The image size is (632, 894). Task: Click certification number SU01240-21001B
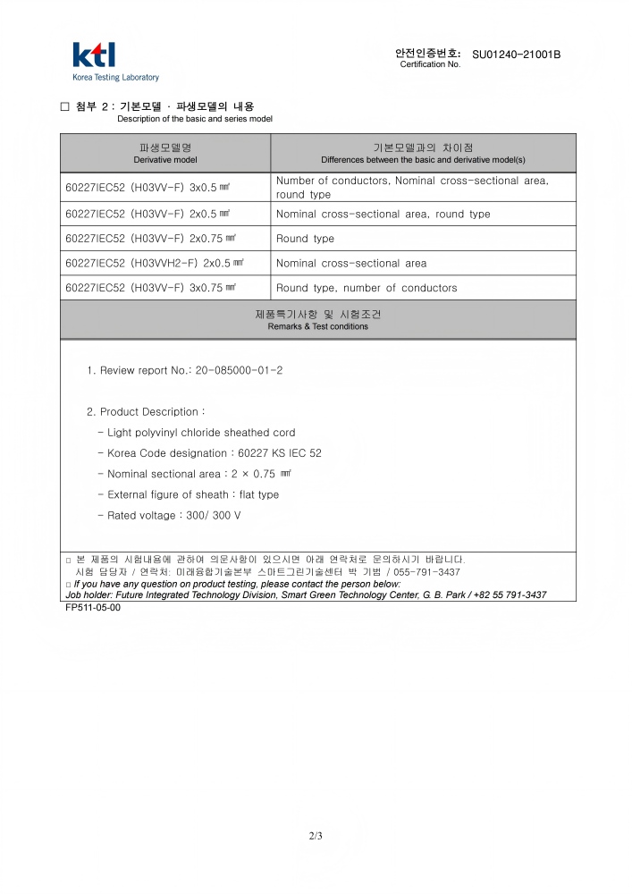pyautogui.click(x=516, y=55)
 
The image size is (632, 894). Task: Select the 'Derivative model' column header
pyautogui.click(x=165, y=153)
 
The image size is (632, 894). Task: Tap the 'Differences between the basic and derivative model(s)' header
pyautogui.click(x=423, y=153)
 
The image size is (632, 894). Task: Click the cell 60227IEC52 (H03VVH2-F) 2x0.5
pyautogui.click(x=155, y=264)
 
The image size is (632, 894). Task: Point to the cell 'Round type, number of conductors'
pyautogui.click(x=367, y=288)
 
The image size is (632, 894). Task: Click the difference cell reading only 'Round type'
pyautogui.click(x=305, y=239)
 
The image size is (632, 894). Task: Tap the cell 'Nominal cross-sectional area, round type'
pyautogui.click(x=383, y=215)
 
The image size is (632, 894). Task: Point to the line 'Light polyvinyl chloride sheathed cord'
pyautogui.click(x=201, y=433)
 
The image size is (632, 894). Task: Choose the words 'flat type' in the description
pyautogui.click(x=259, y=495)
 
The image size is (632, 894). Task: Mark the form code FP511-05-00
pyautogui.click(x=93, y=607)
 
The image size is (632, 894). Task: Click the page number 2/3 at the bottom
pyautogui.click(x=316, y=837)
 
